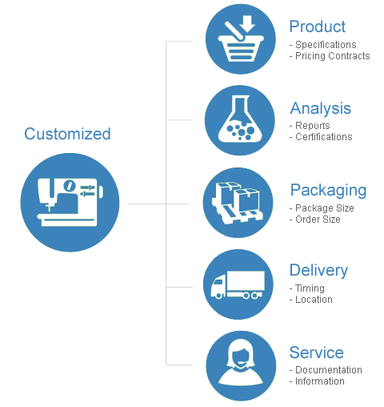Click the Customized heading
click(67, 134)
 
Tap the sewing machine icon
click(70, 203)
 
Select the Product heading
click(318, 26)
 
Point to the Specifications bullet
click(323, 45)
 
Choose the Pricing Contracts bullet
click(330, 56)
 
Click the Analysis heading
click(321, 108)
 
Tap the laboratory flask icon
click(240, 120)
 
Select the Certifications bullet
click(321, 137)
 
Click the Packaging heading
click(328, 191)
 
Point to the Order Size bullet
click(315, 220)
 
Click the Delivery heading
click(318, 270)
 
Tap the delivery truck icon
click(238, 284)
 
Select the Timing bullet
click(307, 288)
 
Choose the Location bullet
click(311, 300)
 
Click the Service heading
click(317, 353)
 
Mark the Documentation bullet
click(326, 370)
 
